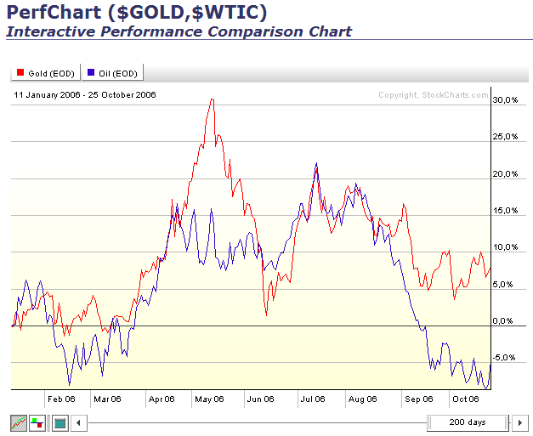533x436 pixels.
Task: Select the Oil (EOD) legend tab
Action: pos(113,74)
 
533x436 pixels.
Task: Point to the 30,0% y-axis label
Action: pos(505,100)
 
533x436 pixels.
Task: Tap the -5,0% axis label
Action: pos(505,358)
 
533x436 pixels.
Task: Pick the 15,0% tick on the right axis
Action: pos(505,211)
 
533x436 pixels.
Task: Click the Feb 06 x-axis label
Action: pos(60,399)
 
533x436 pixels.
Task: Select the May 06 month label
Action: pos(208,399)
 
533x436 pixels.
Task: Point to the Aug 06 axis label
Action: pos(362,399)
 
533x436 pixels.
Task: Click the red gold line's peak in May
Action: pos(213,99)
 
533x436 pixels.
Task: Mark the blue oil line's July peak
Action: pos(316,163)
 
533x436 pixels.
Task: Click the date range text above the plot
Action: pos(85,95)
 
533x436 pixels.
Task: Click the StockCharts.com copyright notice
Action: pos(434,95)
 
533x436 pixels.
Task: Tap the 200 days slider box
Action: pos(468,422)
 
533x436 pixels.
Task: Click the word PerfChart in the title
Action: pos(53,13)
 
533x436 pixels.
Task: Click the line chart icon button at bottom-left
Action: pos(18,422)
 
